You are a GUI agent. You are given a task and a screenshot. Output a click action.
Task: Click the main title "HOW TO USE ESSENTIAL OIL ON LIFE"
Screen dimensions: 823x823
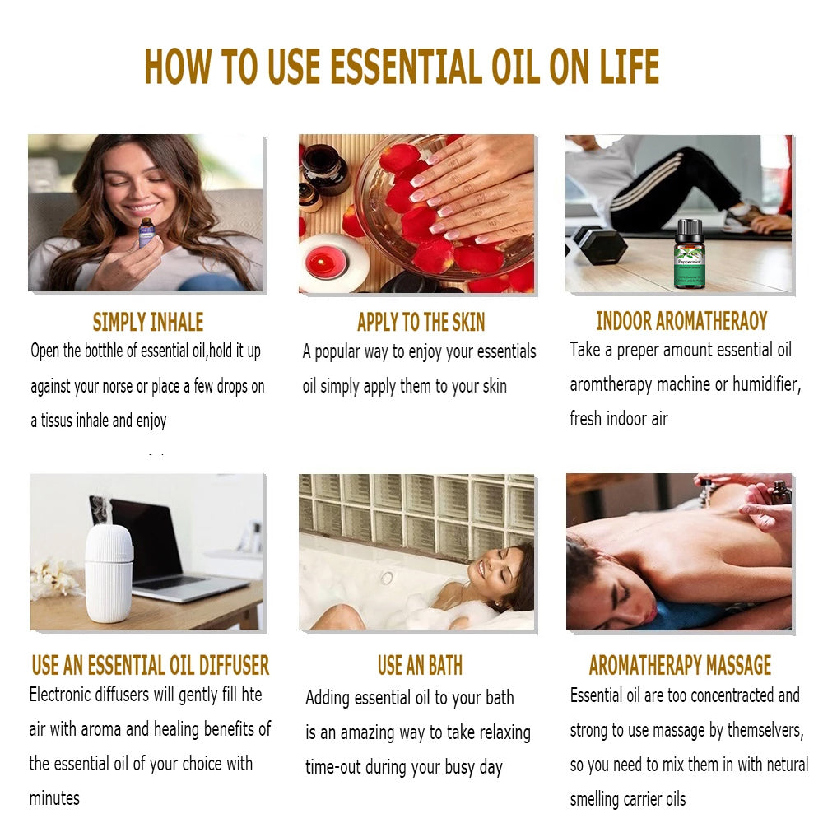tap(402, 67)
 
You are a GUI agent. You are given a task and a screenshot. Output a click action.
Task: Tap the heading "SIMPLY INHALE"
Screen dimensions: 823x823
tap(148, 322)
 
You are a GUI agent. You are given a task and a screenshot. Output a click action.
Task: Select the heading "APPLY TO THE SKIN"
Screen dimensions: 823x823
tap(421, 322)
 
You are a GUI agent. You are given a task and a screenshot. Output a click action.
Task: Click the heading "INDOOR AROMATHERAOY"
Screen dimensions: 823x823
tap(681, 321)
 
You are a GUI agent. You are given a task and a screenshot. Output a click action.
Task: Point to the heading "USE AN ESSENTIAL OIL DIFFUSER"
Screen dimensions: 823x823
tap(151, 665)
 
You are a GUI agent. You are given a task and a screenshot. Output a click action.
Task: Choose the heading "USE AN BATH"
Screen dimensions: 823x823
tap(420, 665)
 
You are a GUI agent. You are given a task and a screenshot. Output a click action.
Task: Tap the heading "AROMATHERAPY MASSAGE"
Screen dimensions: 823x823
tap(680, 665)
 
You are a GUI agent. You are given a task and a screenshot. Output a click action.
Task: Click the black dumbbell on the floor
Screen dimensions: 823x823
tap(600, 245)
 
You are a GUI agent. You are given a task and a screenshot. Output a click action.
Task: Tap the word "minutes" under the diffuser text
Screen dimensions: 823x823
tap(54, 798)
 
